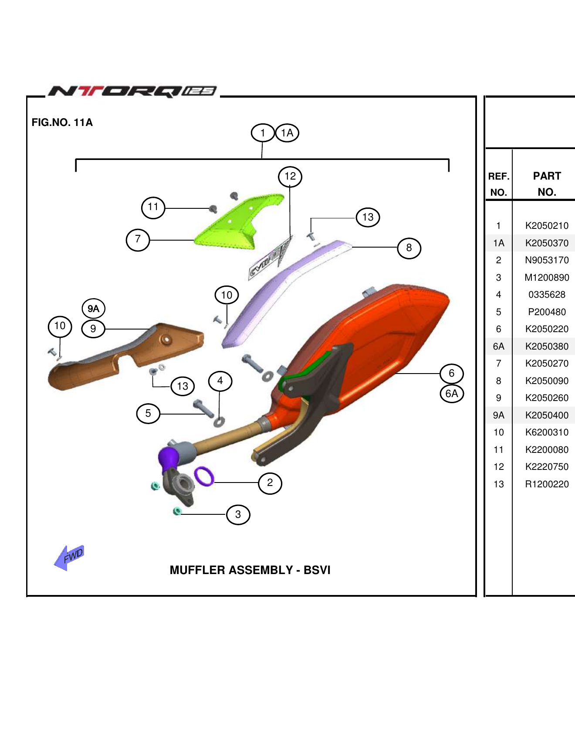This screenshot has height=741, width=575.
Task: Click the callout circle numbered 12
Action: [290, 177]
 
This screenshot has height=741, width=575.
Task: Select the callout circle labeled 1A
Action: [287, 133]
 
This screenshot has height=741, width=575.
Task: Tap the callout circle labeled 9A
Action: [94, 309]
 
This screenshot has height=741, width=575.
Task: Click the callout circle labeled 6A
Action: [452, 394]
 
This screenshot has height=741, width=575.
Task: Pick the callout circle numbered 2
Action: [270, 483]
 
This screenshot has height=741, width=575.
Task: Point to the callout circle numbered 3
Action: [238, 515]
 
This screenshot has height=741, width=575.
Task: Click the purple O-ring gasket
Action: [204, 476]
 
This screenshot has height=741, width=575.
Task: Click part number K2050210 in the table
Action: [547, 226]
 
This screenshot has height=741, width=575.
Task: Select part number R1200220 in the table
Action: [547, 484]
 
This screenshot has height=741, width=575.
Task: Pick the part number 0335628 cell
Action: [547, 295]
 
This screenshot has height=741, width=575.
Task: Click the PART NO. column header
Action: [547, 184]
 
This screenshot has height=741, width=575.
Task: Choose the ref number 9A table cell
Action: [499, 415]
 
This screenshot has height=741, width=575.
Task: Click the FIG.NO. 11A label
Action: [62, 122]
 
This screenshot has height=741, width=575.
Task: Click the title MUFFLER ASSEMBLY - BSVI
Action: [250, 570]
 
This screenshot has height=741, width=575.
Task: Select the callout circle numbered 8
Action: [409, 248]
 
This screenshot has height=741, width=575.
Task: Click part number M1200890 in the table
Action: [547, 278]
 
